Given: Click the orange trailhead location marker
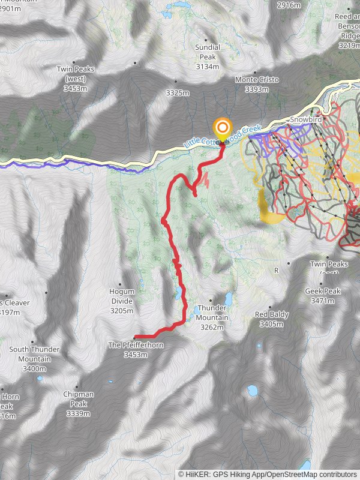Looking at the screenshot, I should coord(223,128).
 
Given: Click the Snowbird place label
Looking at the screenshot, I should coord(307,120).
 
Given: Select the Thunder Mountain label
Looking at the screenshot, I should coord(212,313).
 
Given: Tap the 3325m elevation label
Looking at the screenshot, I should coord(178,92).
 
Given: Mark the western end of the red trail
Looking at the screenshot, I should coord(135,337).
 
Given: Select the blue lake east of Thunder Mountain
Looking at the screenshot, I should coord(228,298).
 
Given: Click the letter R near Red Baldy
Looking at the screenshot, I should coord(277,271).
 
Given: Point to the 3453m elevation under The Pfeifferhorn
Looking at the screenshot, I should coord(136,355).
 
